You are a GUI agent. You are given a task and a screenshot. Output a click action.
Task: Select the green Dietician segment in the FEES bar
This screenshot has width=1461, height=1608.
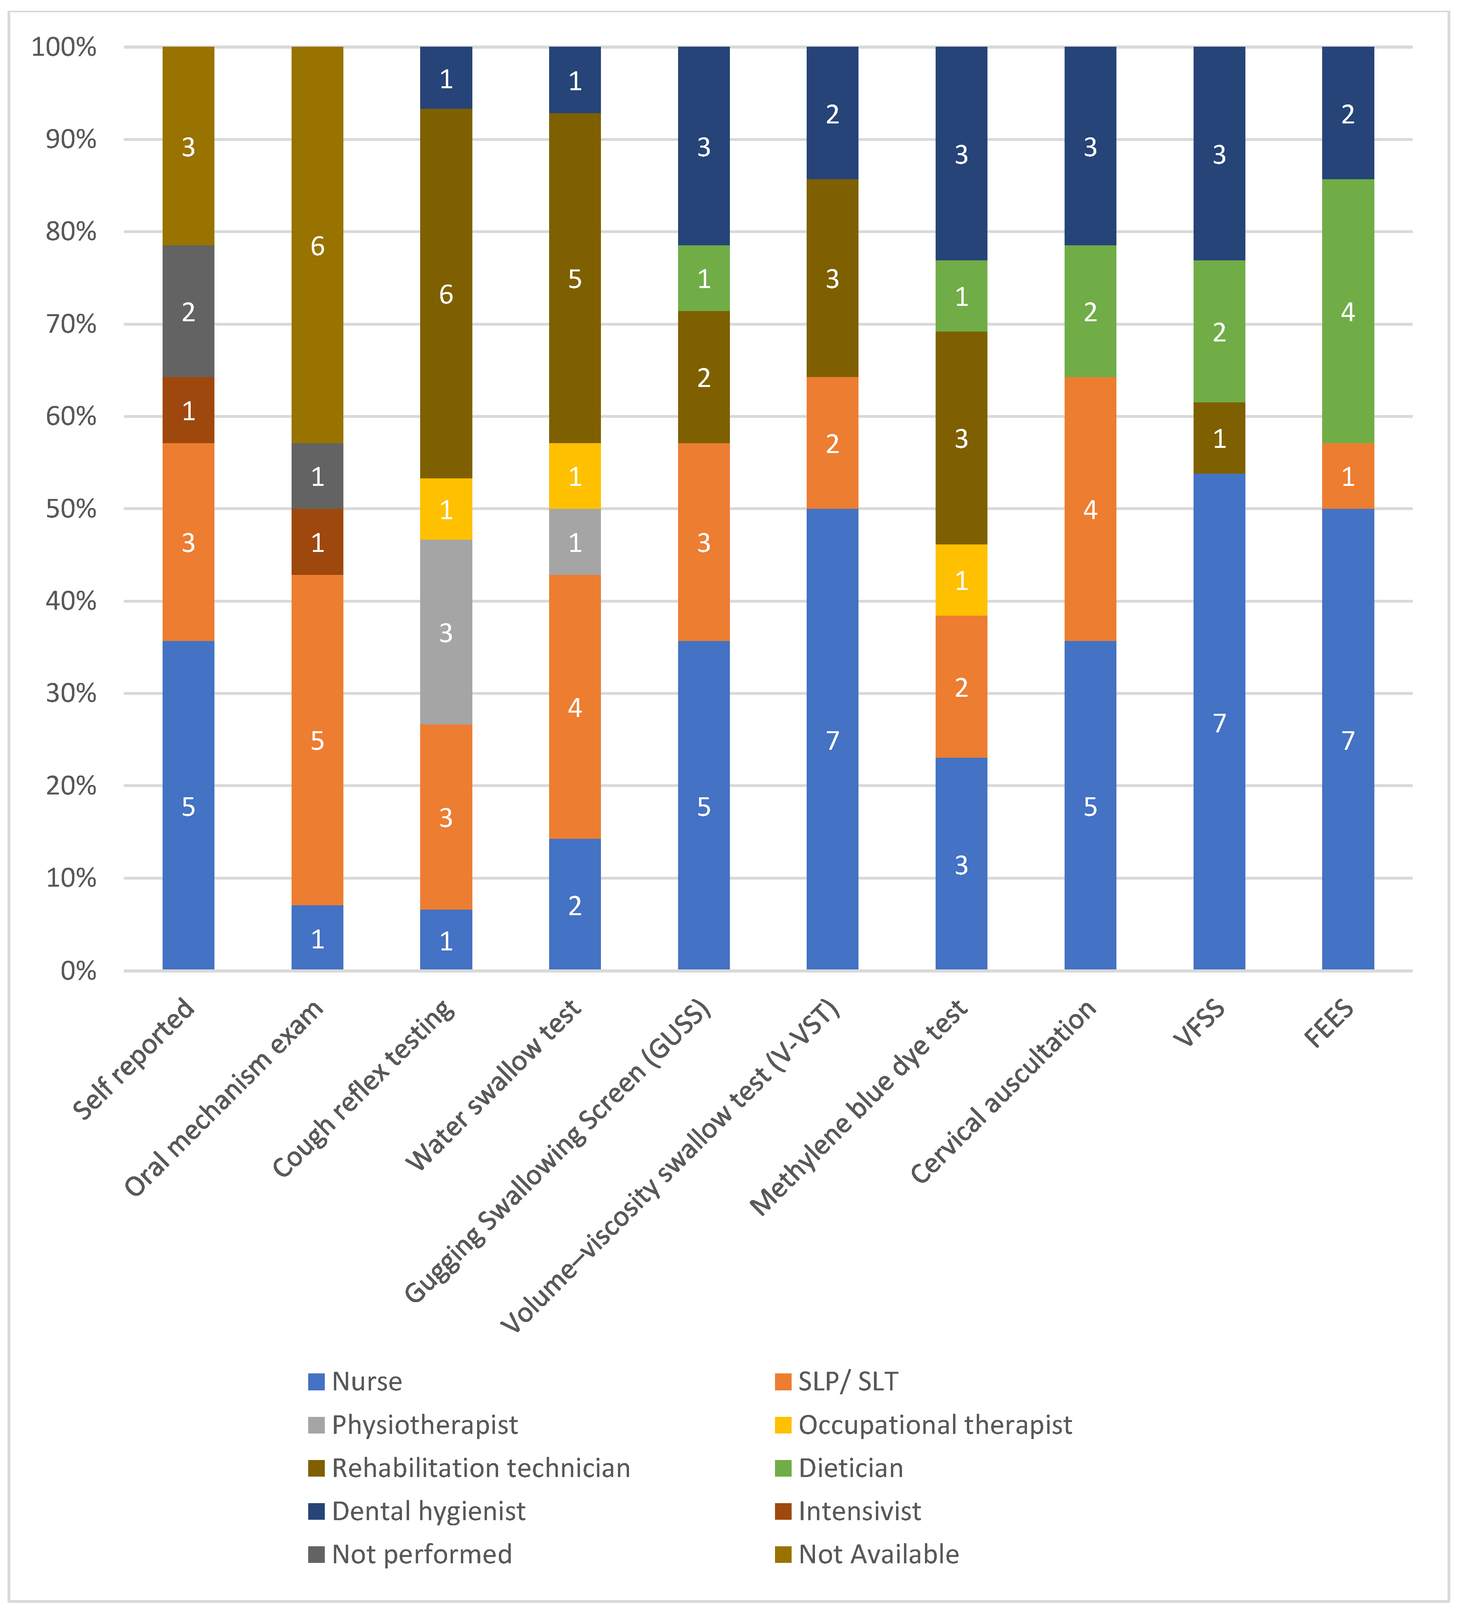(x=1348, y=311)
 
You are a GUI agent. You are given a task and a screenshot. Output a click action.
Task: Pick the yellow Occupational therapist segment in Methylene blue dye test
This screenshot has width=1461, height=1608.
(x=961, y=580)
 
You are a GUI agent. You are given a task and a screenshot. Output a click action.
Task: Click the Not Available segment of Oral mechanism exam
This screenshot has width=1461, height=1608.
(x=317, y=245)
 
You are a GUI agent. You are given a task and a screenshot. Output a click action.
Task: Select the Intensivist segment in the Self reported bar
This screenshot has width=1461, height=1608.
(x=188, y=410)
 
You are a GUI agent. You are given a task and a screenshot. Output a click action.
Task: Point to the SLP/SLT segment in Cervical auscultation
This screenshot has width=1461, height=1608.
(x=1090, y=509)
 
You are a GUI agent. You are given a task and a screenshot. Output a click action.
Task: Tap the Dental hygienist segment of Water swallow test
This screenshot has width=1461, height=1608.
(x=575, y=80)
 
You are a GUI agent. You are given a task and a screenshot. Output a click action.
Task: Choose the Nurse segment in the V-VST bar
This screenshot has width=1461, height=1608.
(x=833, y=740)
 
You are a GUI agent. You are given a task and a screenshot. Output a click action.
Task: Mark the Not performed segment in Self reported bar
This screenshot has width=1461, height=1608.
(x=188, y=311)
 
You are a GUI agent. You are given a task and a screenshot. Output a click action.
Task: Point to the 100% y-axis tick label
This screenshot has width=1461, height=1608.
(x=64, y=47)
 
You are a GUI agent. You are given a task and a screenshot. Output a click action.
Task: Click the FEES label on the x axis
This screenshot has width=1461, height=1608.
(x=1329, y=1023)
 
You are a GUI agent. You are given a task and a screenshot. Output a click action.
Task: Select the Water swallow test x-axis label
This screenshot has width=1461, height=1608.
(x=494, y=1085)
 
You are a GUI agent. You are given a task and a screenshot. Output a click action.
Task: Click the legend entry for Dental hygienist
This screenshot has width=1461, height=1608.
(x=417, y=1511)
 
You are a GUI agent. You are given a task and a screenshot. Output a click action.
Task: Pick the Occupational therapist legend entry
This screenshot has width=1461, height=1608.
(x=923, y=1424)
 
